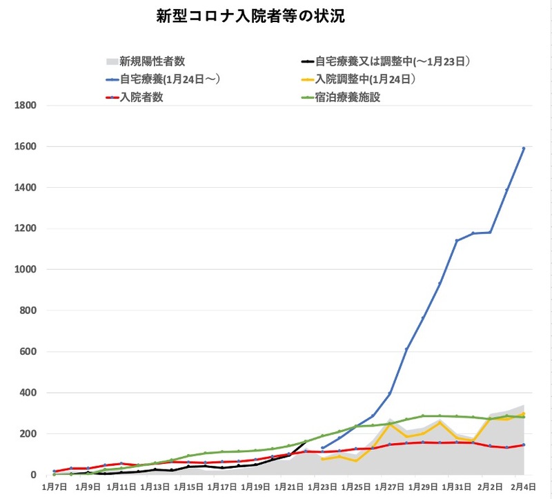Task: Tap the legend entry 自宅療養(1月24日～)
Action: [x=169, y=79]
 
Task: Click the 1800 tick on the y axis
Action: [x=25, y=106]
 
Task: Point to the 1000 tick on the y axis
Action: [x=25, y=270]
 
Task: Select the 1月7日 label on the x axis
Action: [x=55, y=487]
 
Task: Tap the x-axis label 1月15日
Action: [x=188, y=487]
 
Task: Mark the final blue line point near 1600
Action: [x=524, y=148]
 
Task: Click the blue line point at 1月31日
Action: [x=456, y=241]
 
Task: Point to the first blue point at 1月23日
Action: [x=322, y=448]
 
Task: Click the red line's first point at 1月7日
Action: [x=55, y=471]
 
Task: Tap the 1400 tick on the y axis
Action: [x=25, y=188]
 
